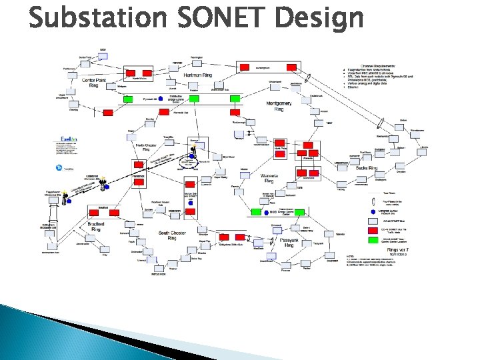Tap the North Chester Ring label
pos(147,147)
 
